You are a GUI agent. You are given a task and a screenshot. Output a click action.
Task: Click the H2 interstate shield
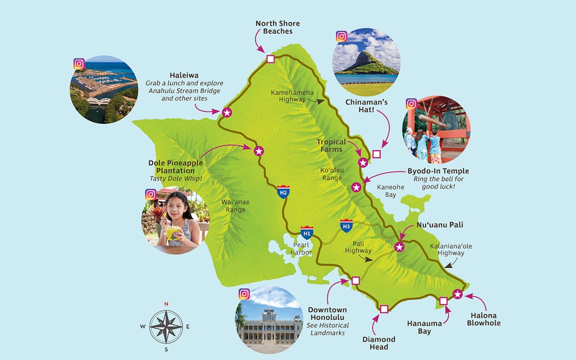click(x=283, y=192)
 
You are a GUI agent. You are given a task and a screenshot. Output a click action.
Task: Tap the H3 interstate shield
click(x=346, y=225)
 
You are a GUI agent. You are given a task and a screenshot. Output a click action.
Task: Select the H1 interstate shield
click(x=308, y=232)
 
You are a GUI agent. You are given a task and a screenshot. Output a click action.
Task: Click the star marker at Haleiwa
click(x=226, y=112)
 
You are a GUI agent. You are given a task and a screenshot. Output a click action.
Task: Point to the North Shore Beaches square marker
click(x=271, y=59)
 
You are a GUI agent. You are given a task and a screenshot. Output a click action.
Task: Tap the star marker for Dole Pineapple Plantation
click(x=258, y=151)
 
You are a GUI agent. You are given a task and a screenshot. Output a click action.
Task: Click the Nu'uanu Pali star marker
click(x=399, y=247)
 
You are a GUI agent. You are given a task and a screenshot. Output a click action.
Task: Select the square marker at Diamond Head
click(x=384, y=309)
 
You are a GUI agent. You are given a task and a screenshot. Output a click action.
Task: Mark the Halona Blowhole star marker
click(x=457, y=294)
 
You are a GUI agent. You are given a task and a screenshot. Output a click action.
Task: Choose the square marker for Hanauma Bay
click(x=443, y=300)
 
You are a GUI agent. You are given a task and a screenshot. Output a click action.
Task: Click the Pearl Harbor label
click(x=302, y=248)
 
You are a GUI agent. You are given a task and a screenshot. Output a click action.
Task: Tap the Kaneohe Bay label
click(x=390, y=191)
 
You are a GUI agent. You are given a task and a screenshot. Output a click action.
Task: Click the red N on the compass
click(x=166, y=304)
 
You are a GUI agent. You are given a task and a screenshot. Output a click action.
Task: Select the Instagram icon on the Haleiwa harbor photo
click(x=79, y=64)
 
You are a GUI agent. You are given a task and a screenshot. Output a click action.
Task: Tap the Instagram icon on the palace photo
click(x=244, y=294)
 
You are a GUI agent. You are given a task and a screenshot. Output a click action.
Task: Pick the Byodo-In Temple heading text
click(x=438, y=171)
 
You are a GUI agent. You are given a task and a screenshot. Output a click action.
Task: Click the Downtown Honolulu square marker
click(x=356, y=280)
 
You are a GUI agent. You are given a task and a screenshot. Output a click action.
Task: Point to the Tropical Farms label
click(x=331, y=146)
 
